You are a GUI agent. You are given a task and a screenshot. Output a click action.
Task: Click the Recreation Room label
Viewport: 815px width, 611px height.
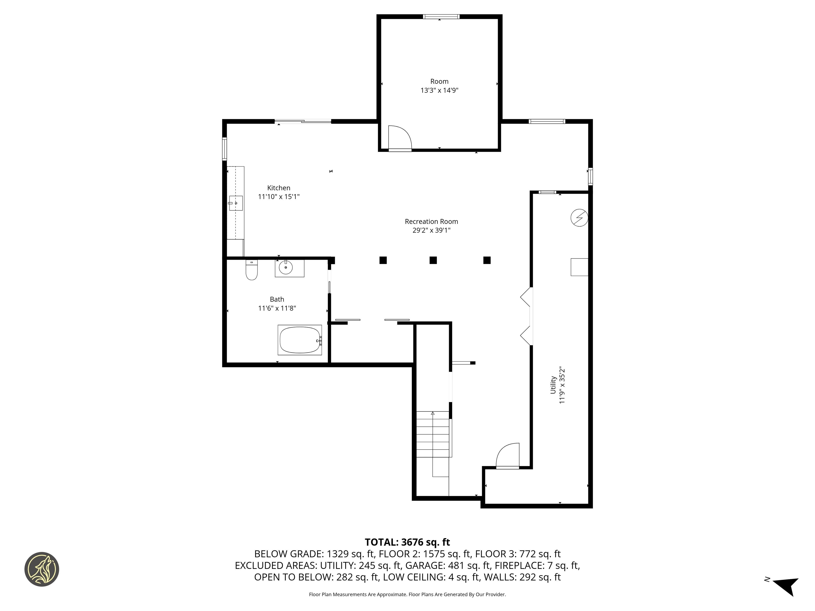point(431,222)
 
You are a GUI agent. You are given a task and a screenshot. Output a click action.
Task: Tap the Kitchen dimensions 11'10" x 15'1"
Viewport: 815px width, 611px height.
point(279,197)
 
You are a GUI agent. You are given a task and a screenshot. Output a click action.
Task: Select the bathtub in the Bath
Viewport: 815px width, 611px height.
point(300,340)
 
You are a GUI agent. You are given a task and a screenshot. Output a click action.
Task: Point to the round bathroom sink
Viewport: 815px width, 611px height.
point(285,267)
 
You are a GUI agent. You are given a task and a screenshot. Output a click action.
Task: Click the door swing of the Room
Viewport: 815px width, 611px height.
point(400,138)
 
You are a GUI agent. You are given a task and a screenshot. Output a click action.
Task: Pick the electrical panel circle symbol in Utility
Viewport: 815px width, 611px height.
point(579,218)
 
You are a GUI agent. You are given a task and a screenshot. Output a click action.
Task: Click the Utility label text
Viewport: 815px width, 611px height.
point(553,385)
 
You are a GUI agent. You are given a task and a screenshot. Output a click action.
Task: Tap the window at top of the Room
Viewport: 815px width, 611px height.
point(441,16)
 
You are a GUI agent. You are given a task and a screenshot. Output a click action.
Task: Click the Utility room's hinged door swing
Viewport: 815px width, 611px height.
point(508,456)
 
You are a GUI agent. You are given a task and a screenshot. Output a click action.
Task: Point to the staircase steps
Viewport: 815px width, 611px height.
point(433,435)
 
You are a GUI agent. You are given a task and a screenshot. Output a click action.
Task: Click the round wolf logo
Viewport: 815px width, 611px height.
point(42,569)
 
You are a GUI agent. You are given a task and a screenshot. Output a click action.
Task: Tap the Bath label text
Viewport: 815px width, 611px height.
point(277,299)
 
